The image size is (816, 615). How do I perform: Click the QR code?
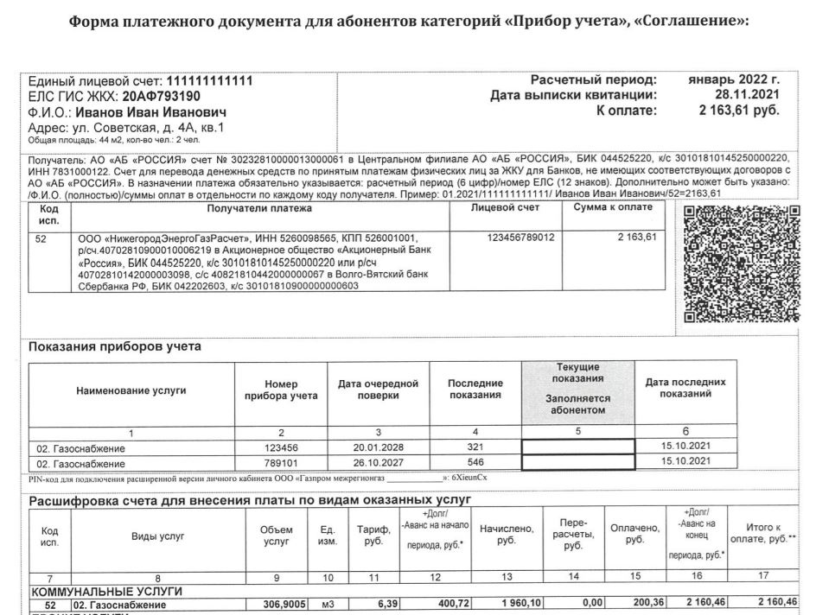(742, 263)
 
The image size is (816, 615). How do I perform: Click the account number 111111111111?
(209, 80)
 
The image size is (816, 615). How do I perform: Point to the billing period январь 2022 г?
(733, 79)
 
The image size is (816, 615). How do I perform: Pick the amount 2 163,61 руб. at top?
(738, 111)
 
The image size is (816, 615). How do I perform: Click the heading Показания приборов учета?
(115, 347)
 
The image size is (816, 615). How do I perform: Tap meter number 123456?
(280, 448)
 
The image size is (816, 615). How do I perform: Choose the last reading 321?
(475, 448)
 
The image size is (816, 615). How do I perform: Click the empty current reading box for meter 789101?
(577, 462)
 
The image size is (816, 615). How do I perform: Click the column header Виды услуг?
(157, 536)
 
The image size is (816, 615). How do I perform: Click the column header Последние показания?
(475, 390)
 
